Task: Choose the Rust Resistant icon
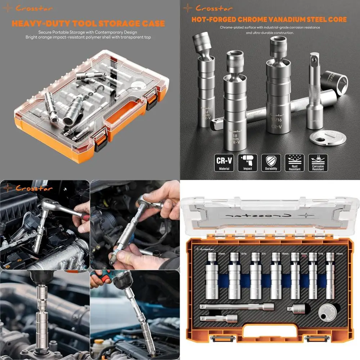click(294, 163)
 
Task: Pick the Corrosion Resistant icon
click(318, 163)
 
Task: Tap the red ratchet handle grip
click(85, 217)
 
